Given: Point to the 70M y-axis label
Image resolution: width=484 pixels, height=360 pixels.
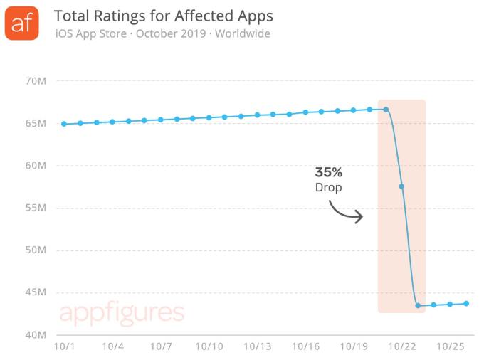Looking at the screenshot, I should coord(36,81).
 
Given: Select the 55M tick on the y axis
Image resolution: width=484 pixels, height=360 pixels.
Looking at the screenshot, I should coord(36,208).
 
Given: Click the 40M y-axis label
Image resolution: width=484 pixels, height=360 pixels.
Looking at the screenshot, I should coord(36,335).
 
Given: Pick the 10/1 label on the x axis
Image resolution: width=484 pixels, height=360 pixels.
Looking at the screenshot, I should coord(64,347).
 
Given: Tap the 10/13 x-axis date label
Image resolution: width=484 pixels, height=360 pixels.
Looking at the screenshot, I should coord(257,347).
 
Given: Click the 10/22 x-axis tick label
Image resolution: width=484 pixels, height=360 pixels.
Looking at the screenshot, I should coord(401,347).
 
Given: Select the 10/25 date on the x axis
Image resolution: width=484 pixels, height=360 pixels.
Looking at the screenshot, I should coord(450,347).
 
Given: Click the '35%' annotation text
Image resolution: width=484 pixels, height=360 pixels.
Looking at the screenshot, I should coord(329,172).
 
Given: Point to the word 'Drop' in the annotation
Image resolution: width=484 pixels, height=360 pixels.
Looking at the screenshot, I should coord(329,187).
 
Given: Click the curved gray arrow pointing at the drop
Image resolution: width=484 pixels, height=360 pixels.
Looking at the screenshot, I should coord(347,211).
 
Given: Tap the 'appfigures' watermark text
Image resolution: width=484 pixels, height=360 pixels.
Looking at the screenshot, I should coord(122,313).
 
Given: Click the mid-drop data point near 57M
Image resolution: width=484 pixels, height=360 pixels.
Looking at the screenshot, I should coord(402,186).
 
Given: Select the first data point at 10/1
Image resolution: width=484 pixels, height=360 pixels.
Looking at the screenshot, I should coord(64,124).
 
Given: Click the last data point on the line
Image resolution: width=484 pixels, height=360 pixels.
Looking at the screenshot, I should coord(466,303).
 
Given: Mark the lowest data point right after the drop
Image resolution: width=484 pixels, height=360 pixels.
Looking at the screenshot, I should coord(418,305).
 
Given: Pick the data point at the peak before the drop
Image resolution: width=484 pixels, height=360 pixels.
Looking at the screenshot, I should coord(386,110).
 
